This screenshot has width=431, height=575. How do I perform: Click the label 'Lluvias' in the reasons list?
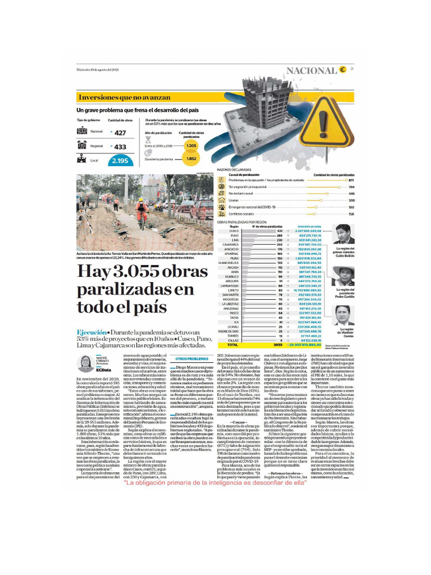(234, 200)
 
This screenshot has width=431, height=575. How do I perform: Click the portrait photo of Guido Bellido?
(343, 234)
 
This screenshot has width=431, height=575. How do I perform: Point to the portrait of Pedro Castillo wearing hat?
(343, 276)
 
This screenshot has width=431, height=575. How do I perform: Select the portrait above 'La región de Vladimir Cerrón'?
(343, 316)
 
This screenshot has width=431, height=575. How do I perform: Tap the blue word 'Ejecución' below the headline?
(91, 332)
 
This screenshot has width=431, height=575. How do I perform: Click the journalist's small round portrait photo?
(86, 364)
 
